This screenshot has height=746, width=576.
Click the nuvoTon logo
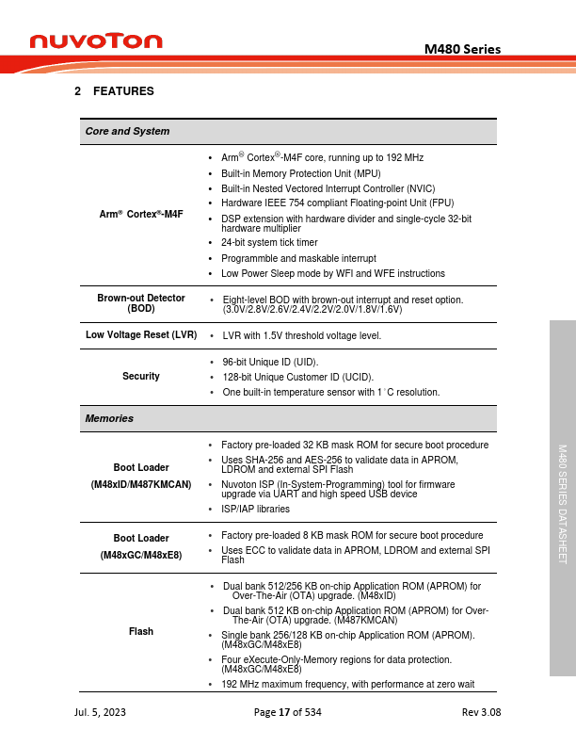pos(96,41)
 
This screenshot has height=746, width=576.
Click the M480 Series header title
pos(462,49)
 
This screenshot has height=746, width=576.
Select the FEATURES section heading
pos(114,91)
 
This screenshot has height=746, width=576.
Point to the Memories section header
pos(109,418)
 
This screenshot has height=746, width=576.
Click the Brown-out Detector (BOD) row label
pos(141,303)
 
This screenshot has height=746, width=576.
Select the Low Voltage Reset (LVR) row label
pos(141,334)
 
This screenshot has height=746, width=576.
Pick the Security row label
pos(141,376)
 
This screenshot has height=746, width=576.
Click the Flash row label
pos(141,631)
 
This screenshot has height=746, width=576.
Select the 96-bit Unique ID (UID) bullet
pos(270,362)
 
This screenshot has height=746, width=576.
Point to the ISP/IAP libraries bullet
pos(255,509)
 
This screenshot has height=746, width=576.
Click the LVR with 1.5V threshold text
pos(301,335)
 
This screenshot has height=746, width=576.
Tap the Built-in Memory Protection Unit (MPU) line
pos(287,173)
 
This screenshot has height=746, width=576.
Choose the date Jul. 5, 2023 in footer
pos(100,713)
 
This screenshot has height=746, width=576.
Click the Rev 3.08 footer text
pos(482,713)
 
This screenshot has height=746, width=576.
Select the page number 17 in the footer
pos(284,713)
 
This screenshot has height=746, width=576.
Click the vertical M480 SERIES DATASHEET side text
pos(562,504)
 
